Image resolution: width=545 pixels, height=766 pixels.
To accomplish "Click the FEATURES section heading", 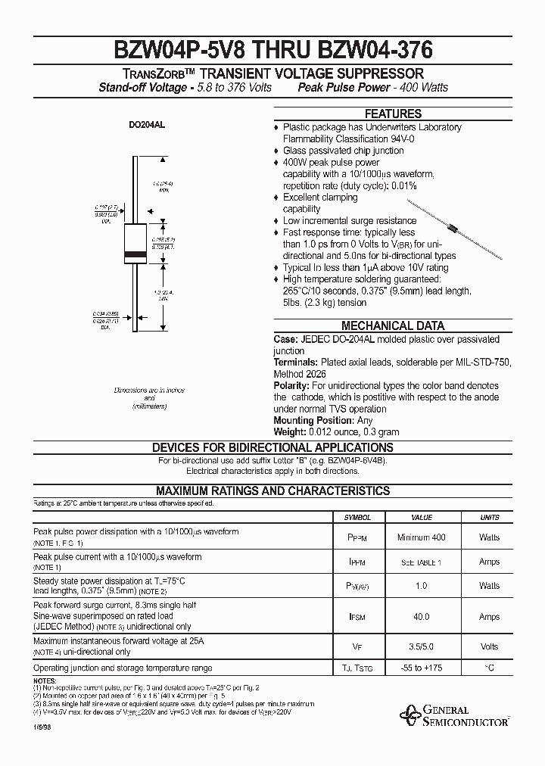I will pos(393,114).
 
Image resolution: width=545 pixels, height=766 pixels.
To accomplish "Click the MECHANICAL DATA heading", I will pos(393,325).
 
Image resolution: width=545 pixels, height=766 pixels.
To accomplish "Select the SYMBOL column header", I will pos(357,518).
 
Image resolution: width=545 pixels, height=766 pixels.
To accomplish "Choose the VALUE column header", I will pos(422,518).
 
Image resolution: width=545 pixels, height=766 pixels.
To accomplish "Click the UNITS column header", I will pos(490,518).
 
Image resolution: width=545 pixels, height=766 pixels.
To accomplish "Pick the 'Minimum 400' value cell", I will pos(422,537).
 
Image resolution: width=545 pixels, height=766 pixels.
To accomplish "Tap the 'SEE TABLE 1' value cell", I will pos(422,562).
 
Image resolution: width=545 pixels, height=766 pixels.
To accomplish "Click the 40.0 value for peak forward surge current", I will pos(422,617).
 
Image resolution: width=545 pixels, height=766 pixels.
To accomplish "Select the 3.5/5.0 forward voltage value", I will pos(422,646).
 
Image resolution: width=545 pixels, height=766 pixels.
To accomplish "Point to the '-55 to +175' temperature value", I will pos(422,668).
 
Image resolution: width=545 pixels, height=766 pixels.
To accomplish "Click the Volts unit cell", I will pos(490,646).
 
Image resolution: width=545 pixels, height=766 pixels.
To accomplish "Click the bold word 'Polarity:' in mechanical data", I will pos(291,385).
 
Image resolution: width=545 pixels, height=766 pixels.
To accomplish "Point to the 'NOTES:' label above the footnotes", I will pos(45,680).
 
